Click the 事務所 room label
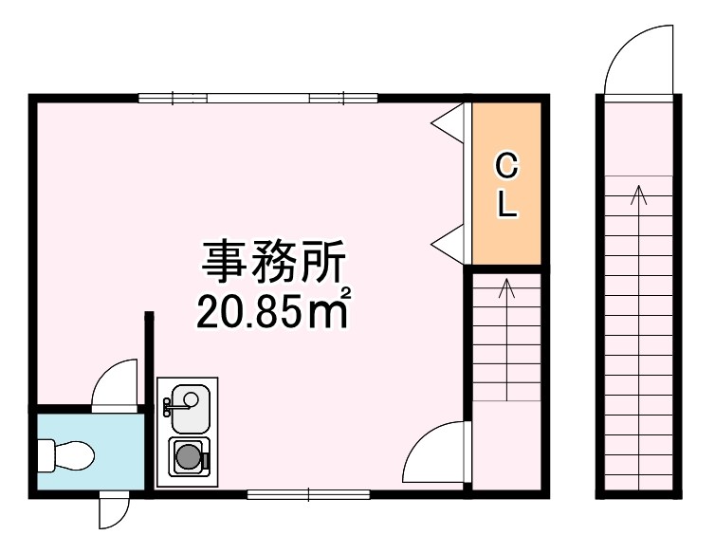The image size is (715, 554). click(273, 262)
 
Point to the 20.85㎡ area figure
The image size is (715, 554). click(274, 309)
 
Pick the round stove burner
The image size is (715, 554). click(189, 456)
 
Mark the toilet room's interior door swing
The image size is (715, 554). click(115, 385)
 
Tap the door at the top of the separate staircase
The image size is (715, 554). click(638, 60)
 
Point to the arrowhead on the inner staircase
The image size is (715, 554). click(506, 286)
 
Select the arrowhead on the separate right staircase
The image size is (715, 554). click(639, 194)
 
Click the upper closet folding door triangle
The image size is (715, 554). click(448, 121)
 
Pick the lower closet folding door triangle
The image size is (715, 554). click(448, 245)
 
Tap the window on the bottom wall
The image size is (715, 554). click(308, 494)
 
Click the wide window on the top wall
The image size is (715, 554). click(258, 98)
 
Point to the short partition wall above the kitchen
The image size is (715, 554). click(149, 358)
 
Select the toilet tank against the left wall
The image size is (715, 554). click(46, 455)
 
